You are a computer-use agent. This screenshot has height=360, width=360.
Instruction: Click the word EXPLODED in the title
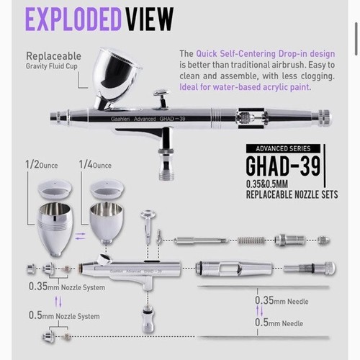tap(73, 19)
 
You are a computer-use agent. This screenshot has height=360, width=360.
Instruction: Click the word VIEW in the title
tap(149, 19)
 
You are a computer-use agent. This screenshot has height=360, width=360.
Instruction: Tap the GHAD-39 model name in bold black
tap(283, 166)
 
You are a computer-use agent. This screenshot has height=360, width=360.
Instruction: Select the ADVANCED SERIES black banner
tap(283, 148)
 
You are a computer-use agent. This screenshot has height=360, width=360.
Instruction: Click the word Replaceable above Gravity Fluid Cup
tap(53, 56)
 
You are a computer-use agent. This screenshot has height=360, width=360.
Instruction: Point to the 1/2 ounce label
tap(42, 165)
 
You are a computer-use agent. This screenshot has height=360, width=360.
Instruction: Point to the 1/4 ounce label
tap(95, 165)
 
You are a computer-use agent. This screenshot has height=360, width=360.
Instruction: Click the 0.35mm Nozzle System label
tap(67, 287)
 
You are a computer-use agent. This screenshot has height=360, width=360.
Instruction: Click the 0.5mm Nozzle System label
tap(64, 315)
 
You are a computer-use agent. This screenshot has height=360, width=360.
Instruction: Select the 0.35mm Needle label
tap(282, 300)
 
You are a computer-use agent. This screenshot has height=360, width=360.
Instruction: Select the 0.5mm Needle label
tap(279, 323)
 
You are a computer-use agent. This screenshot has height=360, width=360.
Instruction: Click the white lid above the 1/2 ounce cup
tap(55, 189)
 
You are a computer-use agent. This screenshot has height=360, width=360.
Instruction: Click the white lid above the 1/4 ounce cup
tap(107, 189)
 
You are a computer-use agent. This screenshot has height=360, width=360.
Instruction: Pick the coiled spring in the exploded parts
tap(251, 240)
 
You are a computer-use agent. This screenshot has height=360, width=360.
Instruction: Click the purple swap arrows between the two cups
tap(80, 236)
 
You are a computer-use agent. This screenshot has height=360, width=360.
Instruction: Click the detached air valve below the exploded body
tap(148, 318)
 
